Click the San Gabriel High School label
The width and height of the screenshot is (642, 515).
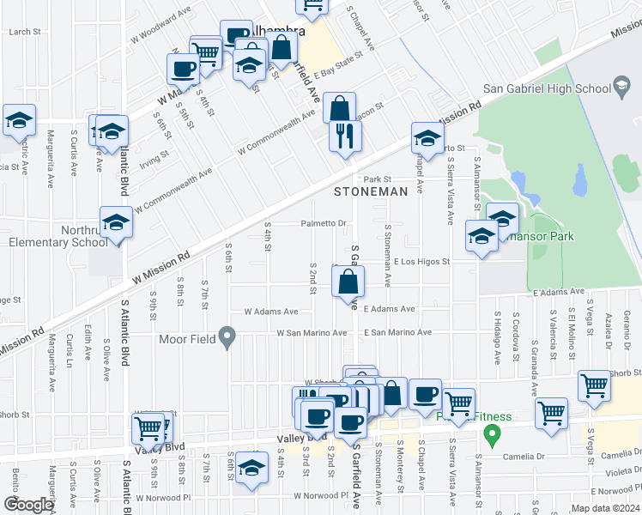click(546, 87)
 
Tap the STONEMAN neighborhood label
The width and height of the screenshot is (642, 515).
click(370, 192)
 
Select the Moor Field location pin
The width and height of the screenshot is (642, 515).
click(227, 338)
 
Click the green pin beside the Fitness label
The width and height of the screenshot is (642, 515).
click(492, 434)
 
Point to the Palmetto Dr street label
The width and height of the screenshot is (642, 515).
click(323, 224)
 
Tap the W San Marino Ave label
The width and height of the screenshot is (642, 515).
click(311, 333)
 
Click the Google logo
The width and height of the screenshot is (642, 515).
click(28, 505)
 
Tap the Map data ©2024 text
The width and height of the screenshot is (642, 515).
click(605, 508)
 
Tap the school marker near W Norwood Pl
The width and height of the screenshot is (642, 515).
click(251, 470)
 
